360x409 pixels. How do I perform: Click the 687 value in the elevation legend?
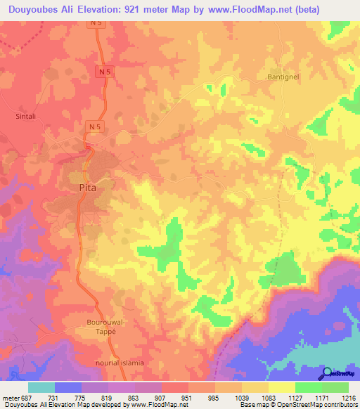point(26,398)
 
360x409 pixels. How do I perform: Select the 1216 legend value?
point(348,398)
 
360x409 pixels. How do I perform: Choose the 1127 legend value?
point(293,398)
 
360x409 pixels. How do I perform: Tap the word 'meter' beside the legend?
point(10,398)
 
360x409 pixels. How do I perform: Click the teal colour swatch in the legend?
point(41,387)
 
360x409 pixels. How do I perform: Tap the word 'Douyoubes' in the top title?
point(33,10)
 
